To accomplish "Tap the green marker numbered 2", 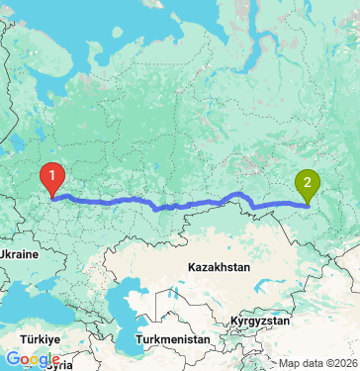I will coord(308,184).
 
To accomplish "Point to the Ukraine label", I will coord(19,254).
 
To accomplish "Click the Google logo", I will coord(33,360).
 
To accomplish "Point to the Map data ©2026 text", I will coord(318,363).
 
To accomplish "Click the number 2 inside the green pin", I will coord(308,181).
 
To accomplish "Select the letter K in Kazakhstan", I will coord(192,267).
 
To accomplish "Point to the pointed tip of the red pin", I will coord(52,196).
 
